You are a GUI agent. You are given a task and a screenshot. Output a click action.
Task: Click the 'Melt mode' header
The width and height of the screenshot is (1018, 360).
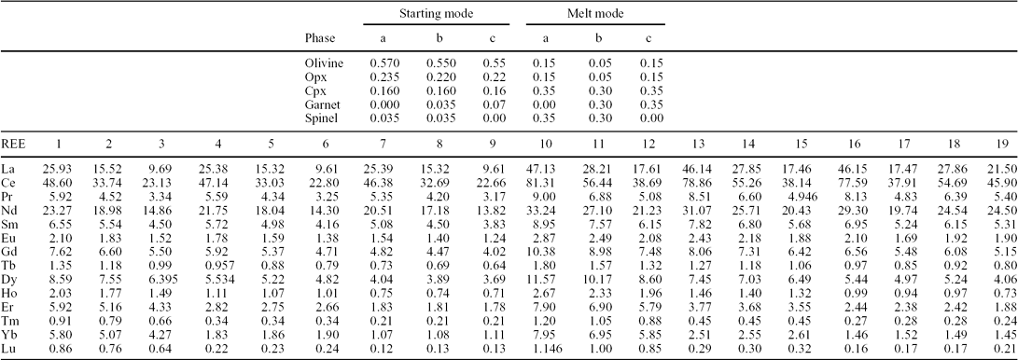pos(595,15)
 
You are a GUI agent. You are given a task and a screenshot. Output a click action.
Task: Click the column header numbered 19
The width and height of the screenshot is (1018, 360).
pos(997,144)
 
